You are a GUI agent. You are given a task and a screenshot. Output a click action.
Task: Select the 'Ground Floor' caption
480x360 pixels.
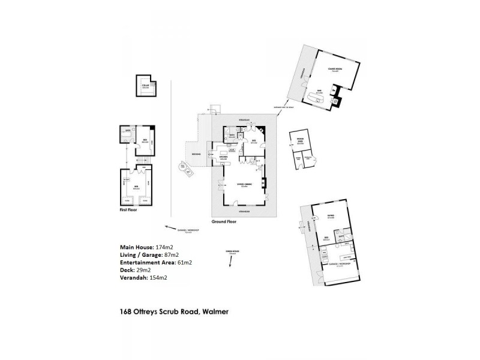pyautogui.click(x=223, y=221)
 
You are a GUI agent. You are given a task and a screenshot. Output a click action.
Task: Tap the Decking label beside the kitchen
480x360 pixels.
pyautogui.click(x=196, y=155)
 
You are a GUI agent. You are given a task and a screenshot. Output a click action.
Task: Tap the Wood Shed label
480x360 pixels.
pyautogui.click(x=300, y=143)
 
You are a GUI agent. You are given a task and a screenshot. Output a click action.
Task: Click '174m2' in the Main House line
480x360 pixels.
pyautogui.click(x=163, y=247)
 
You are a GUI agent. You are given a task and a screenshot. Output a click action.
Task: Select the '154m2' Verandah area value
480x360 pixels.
pyautogui.click(x=157, y=278)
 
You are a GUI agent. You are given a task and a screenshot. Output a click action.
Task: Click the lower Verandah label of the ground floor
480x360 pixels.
pyautogui.click(x=244, y=212)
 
